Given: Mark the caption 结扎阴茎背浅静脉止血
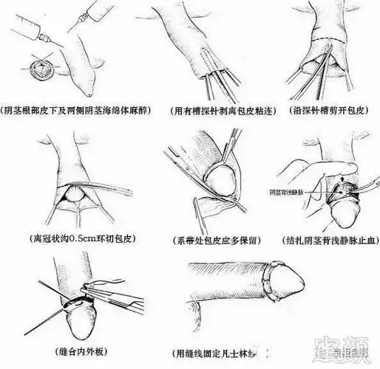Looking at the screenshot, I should pyautogui.click(x=327, y=240).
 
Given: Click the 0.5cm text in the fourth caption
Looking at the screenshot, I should pyautogui.click(x=75, y=240).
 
